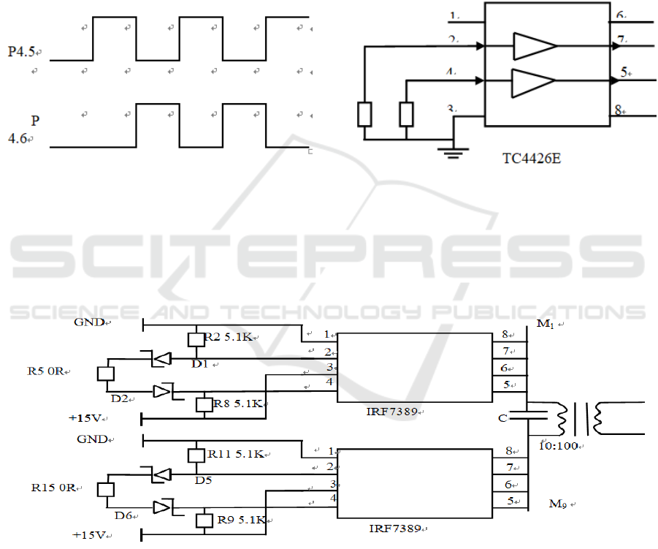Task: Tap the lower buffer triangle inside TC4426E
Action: pos(534,81)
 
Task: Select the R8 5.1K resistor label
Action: pos(237,403)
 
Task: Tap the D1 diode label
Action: pos(202,363)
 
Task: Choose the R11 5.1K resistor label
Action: pos(237,454)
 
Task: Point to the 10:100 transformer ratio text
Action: pos(559,443)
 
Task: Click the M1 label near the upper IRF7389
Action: pos(544,325)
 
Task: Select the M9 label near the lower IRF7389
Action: pos(559,504)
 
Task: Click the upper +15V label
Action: pos(86,418)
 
